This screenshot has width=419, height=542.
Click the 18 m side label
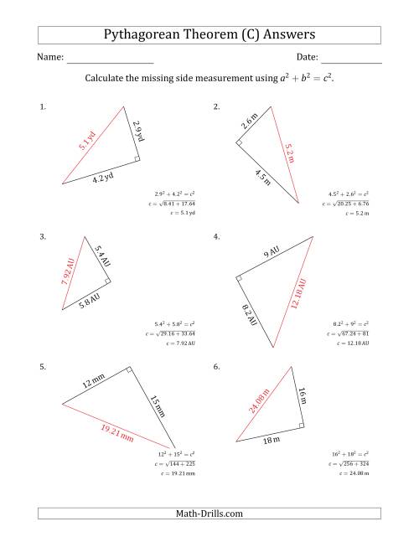point(272,437)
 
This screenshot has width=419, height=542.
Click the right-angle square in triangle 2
point(240,144)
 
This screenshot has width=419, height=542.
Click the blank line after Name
point(110,59)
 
